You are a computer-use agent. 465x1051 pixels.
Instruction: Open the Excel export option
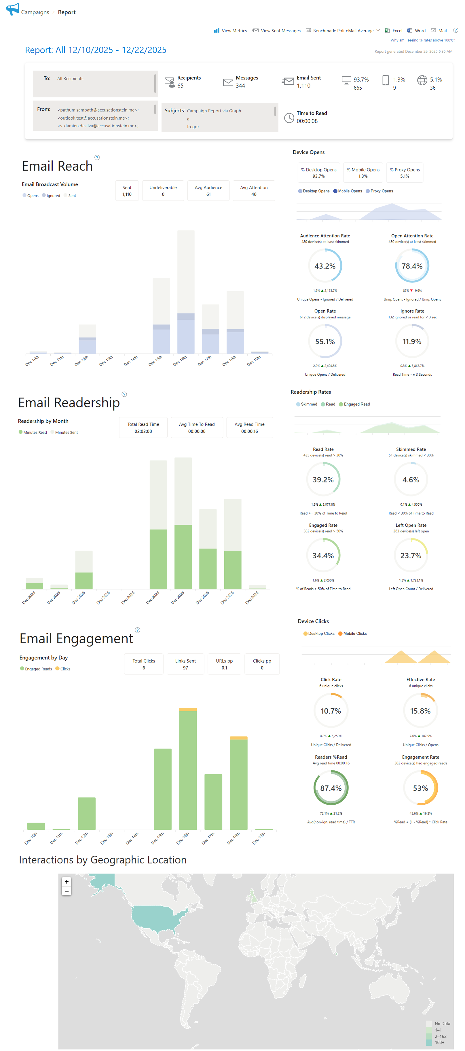[394, 31]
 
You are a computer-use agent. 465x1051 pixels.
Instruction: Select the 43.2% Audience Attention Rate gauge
[325, 266]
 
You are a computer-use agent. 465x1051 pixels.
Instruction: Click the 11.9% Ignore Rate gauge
[412, 341]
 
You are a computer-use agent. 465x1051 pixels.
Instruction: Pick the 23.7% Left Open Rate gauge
[411, 556]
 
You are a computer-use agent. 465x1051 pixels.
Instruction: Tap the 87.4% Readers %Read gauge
[331, 788]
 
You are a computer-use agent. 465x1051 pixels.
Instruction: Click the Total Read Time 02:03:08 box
[143, 428]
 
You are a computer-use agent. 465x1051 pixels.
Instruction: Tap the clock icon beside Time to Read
[289, 118]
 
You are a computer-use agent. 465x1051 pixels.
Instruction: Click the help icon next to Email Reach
[97, 158]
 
